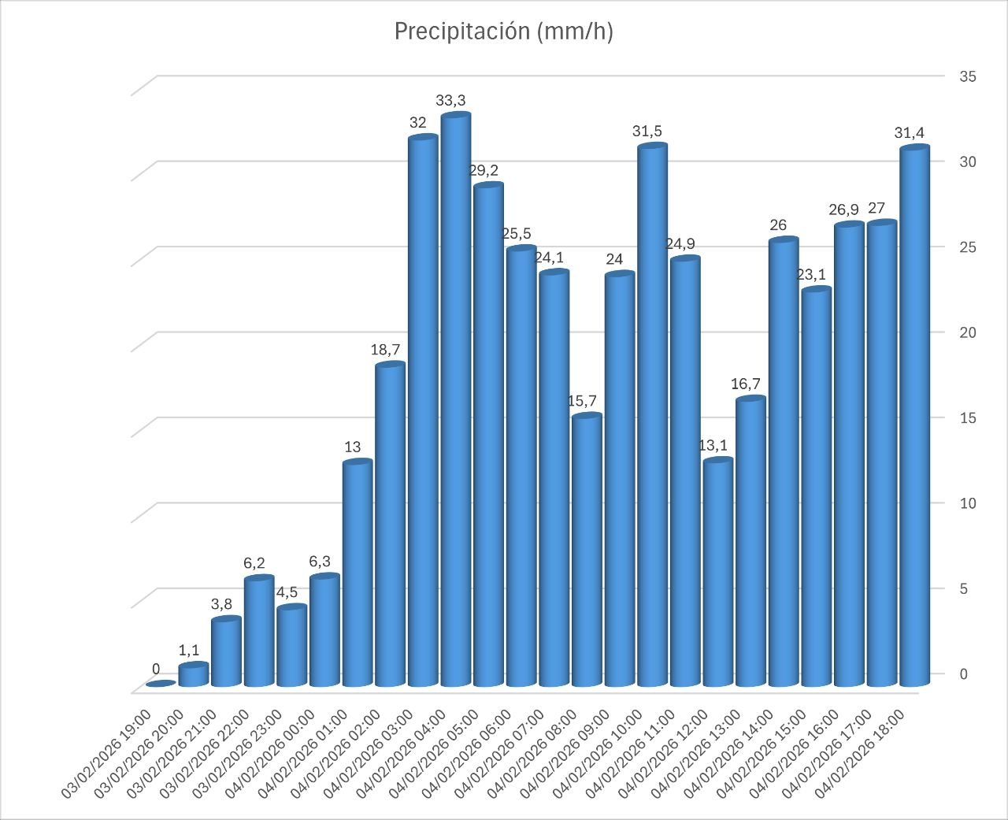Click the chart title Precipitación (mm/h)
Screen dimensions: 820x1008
[x=503, y=32]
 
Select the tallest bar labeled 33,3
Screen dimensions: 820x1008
[x=455, y=402]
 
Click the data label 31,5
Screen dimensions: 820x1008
[x=648, y=132]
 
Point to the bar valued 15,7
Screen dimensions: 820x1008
[x=587, y=551]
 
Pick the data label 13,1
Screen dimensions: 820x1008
[x=714, y=446]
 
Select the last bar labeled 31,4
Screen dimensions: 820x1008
[x=914, y=417]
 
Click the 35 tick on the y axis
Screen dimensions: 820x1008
[x=967, y=76]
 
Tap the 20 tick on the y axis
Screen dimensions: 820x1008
[x=967, y=332]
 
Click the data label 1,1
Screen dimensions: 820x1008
[x=189, y=650]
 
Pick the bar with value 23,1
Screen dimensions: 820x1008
[x=816, y=488]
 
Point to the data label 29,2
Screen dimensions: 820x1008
[x=484, y=170]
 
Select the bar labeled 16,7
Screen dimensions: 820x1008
[x=750, y=544]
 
